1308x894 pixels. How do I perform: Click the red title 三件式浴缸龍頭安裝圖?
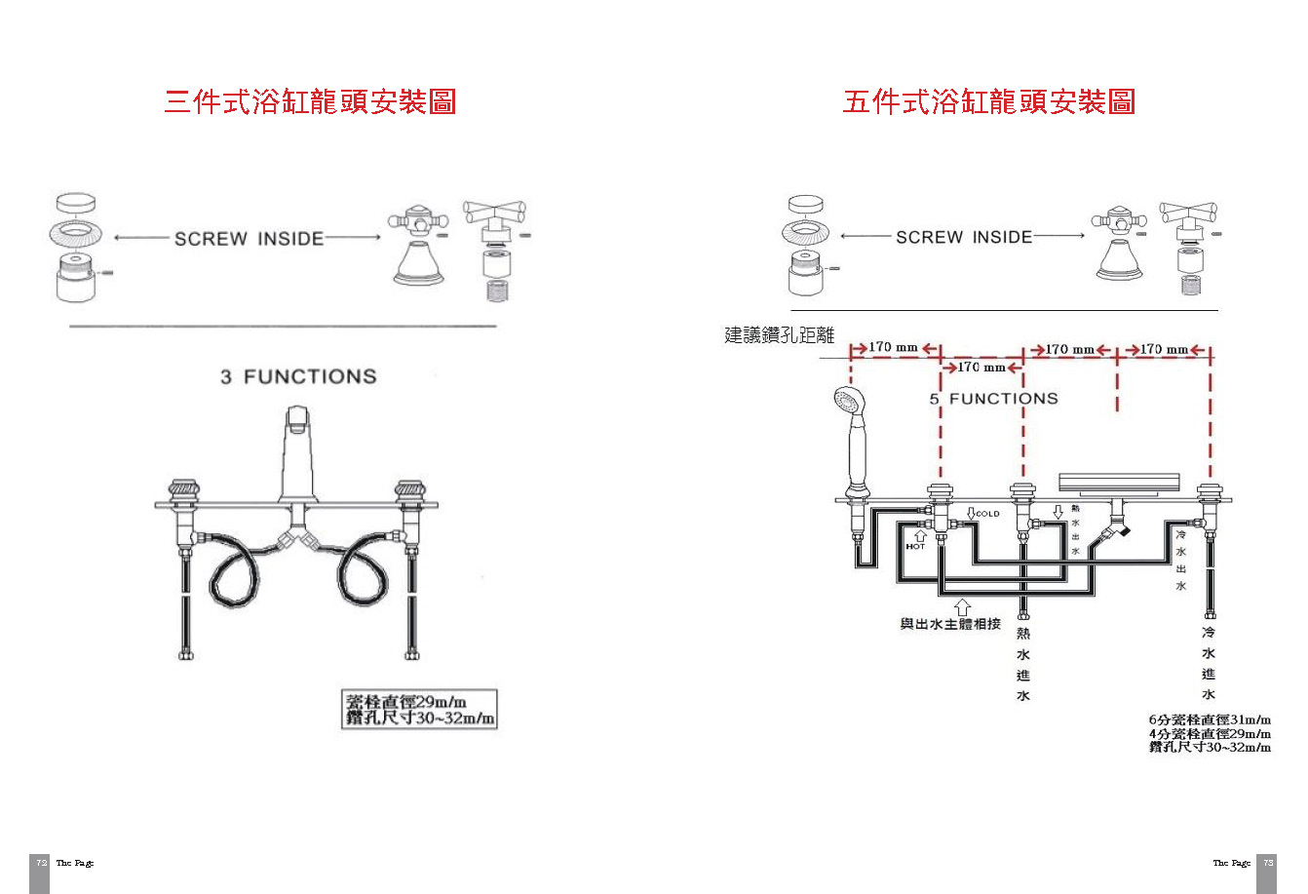pyautogui.click(x=310, y=101)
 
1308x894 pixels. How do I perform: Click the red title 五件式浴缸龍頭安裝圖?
pyautogui.click(x=988, y=101)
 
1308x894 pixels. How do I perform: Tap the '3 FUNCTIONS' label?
pyautogui.click(x=298, y=376)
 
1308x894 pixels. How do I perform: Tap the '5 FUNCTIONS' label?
pyautogui.click(x=993, y=399)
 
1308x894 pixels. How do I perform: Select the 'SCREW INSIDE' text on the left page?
pyautogui.click(x=249, y=239)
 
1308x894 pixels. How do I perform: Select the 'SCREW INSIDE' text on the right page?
pyautogui.click(x=964, y=237)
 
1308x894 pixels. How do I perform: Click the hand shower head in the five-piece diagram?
pyautogui.click(x=850, y=401)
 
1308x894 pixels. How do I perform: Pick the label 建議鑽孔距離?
pyautogui.click(x=780, y=335)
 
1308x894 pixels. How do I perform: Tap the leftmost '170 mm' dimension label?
pyautogui.click(x=893, y=347)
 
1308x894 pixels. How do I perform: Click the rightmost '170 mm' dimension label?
pyautogui.click(x=1164, y=349)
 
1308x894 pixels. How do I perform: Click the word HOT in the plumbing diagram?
pyautogui.click(x=915, y=546)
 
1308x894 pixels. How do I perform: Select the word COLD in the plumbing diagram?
pyautogui.click(x=987, y=514)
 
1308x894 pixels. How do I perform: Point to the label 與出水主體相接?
pyautogui.click(x=950, y=624)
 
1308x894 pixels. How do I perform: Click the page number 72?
pyautogui.click(x=40, y=863)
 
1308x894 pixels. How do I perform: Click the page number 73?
pyautogui.click(x=1268, y=863)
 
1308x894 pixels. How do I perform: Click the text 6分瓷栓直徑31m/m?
pyautogui.click(x=1210, y=720)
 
